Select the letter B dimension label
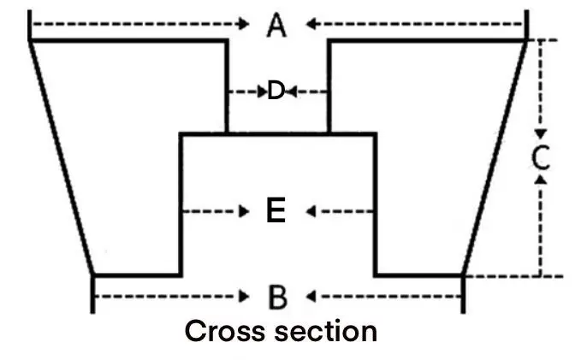(x=276, y=298)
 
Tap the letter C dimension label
(x=541, y=157)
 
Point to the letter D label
(x=275, y=91)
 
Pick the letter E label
(x=276, y=210)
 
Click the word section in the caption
(x=324, y=331)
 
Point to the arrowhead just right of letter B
(x=311, y=297)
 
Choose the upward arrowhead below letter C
(x=540, y=180)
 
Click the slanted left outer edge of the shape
(x=62, y=158)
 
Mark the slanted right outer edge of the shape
(x=494, y=158)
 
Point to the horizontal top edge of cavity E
(x=276, y=133)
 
